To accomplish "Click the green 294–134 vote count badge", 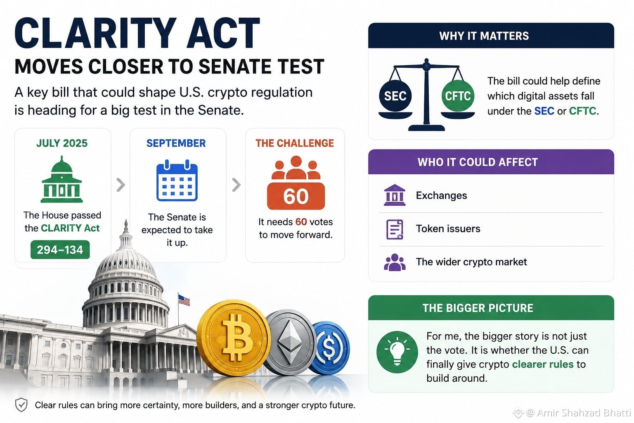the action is point(60,250).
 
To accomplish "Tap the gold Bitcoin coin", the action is point(234,338).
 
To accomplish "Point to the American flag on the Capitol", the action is point(184,300).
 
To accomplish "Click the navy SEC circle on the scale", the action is point(395,96).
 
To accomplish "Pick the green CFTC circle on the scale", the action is point(458,96).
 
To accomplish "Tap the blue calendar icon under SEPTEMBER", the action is point(177,180).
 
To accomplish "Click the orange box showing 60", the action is point(296,196).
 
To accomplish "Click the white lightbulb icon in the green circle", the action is point(397,351).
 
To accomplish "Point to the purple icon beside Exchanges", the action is point(395,195).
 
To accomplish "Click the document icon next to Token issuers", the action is point(395,229).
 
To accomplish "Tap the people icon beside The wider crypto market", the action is point(395,262).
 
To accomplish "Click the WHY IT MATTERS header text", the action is point(484,36).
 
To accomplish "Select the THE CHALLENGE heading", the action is point(295,143).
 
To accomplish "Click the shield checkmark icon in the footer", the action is point(21,405).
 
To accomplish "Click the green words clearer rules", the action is point(543,364).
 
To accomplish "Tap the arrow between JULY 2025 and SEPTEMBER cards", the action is point(121,185).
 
